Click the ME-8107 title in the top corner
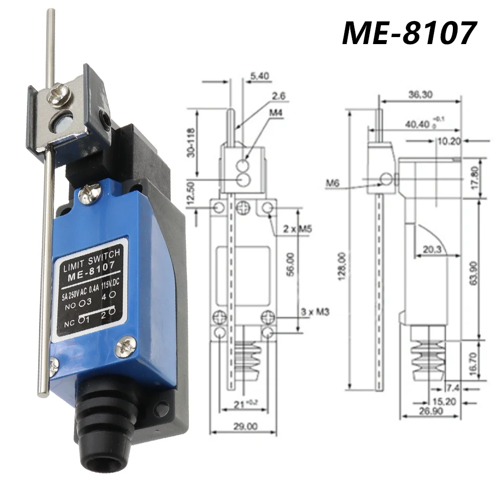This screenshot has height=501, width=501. pos(408,34)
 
